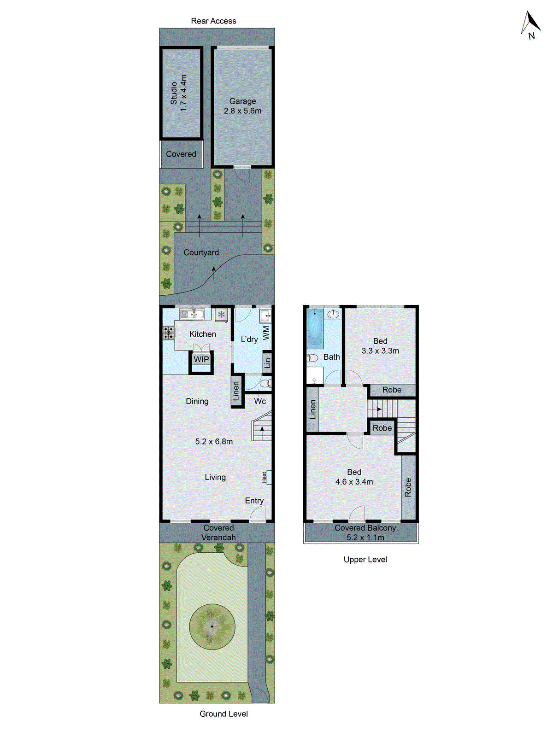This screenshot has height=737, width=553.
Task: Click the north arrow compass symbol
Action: click(530, 25)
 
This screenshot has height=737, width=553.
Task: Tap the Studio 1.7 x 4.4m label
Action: click(179, 93)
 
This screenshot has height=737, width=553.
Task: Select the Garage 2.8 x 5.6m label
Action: click(242, 106)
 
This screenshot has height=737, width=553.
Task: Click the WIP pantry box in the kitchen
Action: click(201, 359)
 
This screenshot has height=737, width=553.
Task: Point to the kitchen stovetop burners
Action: click(169, 332)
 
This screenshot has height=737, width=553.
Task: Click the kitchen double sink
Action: click(192, 314)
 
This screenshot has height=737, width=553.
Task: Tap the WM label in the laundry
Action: click(266, 333)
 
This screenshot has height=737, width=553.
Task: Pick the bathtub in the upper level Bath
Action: click(315, 328)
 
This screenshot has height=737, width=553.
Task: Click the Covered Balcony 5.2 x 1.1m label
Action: click(365, 532)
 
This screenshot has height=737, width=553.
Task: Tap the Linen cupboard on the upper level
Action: click(313, 409)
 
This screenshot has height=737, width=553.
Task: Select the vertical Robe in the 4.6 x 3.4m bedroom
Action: click(408, 487)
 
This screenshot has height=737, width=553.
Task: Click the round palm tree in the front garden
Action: click(212, 626)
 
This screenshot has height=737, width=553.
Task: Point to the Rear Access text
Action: click(213, 21)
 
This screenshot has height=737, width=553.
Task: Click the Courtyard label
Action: click(201, 252)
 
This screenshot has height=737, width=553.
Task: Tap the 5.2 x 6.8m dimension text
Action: click(214, 441)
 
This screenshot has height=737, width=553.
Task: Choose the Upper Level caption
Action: click(365, 560)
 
